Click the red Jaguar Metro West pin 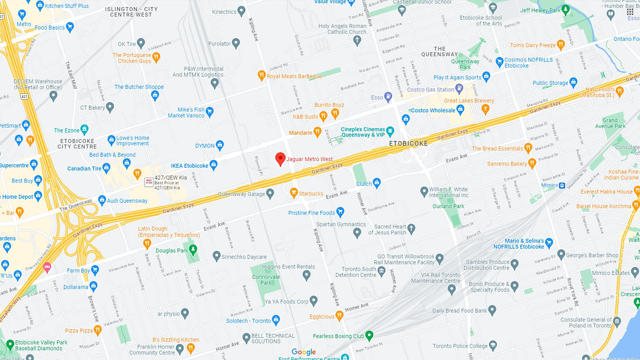pyautogui.click(x=280, y=159)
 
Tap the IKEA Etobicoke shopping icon pyautogui.click(x=213, y=164)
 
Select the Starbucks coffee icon pyautogui.click(x=294, y=192)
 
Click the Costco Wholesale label pyautogui.click(x=433, y=110)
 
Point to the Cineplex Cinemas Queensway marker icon pyautogui.click(x=390, y=131)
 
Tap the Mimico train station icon pyautogui.click(x=562, y=185)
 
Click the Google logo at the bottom pyautogui.click(x=303, y=352)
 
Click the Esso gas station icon pyautogui.click(x=388, y=96)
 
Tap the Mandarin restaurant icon pyautogui.click(x=317, y=132)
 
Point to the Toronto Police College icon pyautogui.click(x=493, y=345)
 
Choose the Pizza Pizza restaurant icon pyautogui.click(x=97, y=330)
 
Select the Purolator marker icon pyautogui.click(x=236, y=43)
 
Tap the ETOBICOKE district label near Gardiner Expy pyautogui.click(x=408, y=143)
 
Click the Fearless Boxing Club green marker pyautogui.click(x=369, y=335)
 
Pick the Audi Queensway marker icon pyautogui.click(x=102, y=200)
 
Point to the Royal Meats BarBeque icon pyautogui.click(x=261, y=75)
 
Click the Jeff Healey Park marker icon pyautogui.click(x=565, y=9)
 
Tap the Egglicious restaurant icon pyautogui.click(x=339, y=315)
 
